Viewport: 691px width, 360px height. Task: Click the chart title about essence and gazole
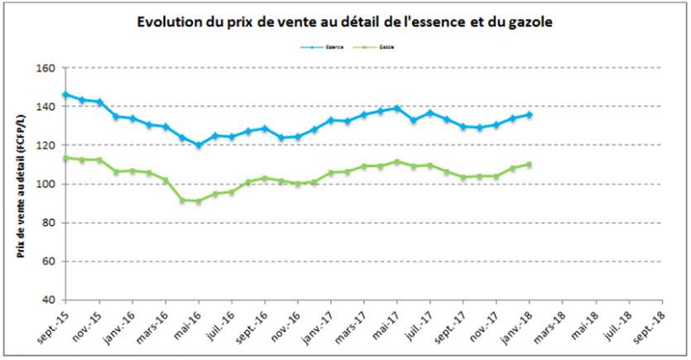[x=344, y=22]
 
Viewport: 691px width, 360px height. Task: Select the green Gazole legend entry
[x=375, y=48]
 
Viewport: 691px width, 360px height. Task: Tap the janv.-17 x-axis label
[x=318, y=329]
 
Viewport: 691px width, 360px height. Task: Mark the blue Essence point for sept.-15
[x=65, y=94]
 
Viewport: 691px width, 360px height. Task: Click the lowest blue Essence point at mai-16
[x=199, y=145]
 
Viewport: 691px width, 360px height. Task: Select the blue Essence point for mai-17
[x=397, y=108]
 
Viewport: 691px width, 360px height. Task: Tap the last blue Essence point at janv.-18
[x=530, y=114]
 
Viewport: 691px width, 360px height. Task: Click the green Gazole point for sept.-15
[x=65, y=158]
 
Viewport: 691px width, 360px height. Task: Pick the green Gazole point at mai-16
[x=199, y=201]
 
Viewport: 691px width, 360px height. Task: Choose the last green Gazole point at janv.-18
[x=530, y=165]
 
